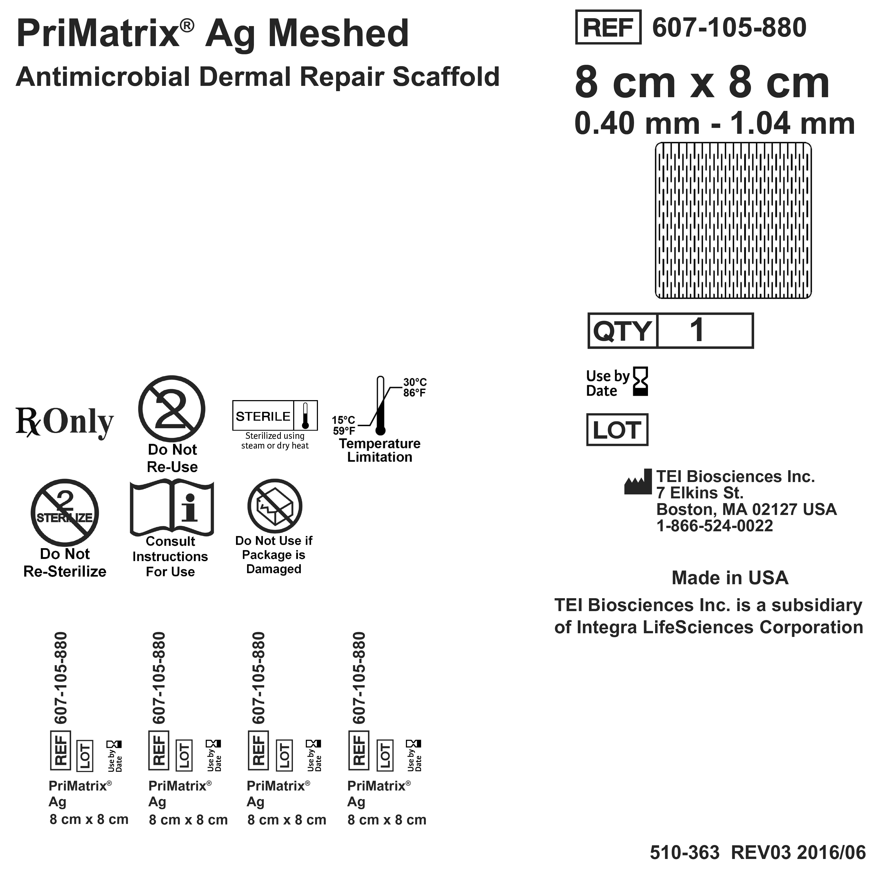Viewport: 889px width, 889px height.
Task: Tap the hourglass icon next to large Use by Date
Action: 641,381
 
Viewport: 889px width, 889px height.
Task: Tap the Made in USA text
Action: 730,578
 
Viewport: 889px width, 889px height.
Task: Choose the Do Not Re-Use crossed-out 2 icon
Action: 172,409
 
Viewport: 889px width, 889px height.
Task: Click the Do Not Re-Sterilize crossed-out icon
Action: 65,513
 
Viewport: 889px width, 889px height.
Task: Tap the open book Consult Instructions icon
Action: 172,508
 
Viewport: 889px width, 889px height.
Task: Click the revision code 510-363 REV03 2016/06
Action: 757,853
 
